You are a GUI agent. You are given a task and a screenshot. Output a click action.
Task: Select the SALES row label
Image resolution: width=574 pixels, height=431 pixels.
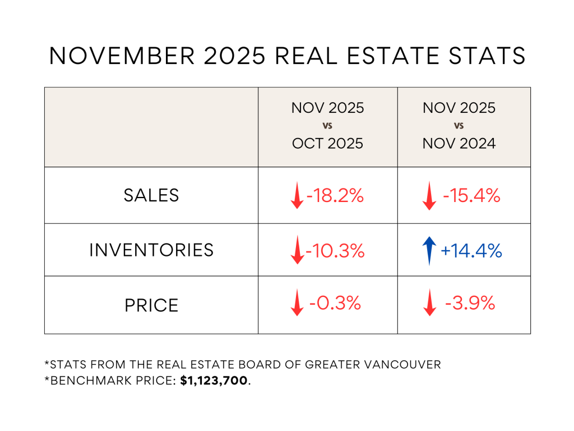pos(151,195)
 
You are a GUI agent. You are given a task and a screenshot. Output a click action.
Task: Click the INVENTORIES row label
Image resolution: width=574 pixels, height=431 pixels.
pos(151,250)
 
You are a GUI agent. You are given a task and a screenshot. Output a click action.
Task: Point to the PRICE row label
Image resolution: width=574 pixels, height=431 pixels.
pos(151,305)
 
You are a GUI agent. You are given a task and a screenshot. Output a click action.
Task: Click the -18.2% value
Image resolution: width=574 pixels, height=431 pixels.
pos(335,196)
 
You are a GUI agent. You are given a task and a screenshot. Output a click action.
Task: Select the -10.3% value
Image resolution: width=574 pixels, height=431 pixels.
pos(335,251)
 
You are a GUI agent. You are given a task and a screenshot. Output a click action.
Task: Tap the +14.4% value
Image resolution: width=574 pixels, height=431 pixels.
pos(471,251)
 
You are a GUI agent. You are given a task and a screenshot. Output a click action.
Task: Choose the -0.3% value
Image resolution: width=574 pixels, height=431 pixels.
pos(335,304)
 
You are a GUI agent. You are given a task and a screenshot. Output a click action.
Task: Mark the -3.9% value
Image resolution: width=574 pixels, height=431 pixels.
pos(470,304)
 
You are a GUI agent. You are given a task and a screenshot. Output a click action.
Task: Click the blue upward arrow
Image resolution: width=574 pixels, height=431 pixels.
pos(429,250)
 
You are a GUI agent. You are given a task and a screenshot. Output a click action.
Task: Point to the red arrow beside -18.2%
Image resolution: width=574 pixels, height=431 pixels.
pos(297,197)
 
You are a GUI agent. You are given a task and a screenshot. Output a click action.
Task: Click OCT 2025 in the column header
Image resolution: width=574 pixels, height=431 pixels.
pos(327,143)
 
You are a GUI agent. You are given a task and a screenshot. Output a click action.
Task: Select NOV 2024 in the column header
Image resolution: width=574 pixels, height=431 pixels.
pos(459,143)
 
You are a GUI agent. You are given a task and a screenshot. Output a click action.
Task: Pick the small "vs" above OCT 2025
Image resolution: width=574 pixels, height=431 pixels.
pos(328,126)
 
